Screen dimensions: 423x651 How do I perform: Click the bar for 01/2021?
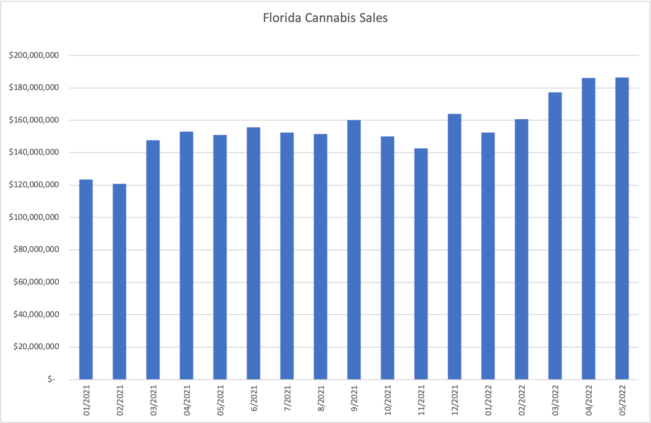point(86,279)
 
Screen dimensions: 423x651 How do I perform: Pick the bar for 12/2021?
point(454,247)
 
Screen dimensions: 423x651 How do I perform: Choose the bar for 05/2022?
point(622,229)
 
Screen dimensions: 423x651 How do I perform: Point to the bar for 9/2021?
point(354,250)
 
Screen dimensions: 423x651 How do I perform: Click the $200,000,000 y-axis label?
point(34,56)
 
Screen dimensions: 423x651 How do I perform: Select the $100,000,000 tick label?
point(34,217)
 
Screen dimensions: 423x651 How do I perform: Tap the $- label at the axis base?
point(51,379)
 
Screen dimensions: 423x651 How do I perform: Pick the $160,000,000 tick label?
point(34,120)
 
